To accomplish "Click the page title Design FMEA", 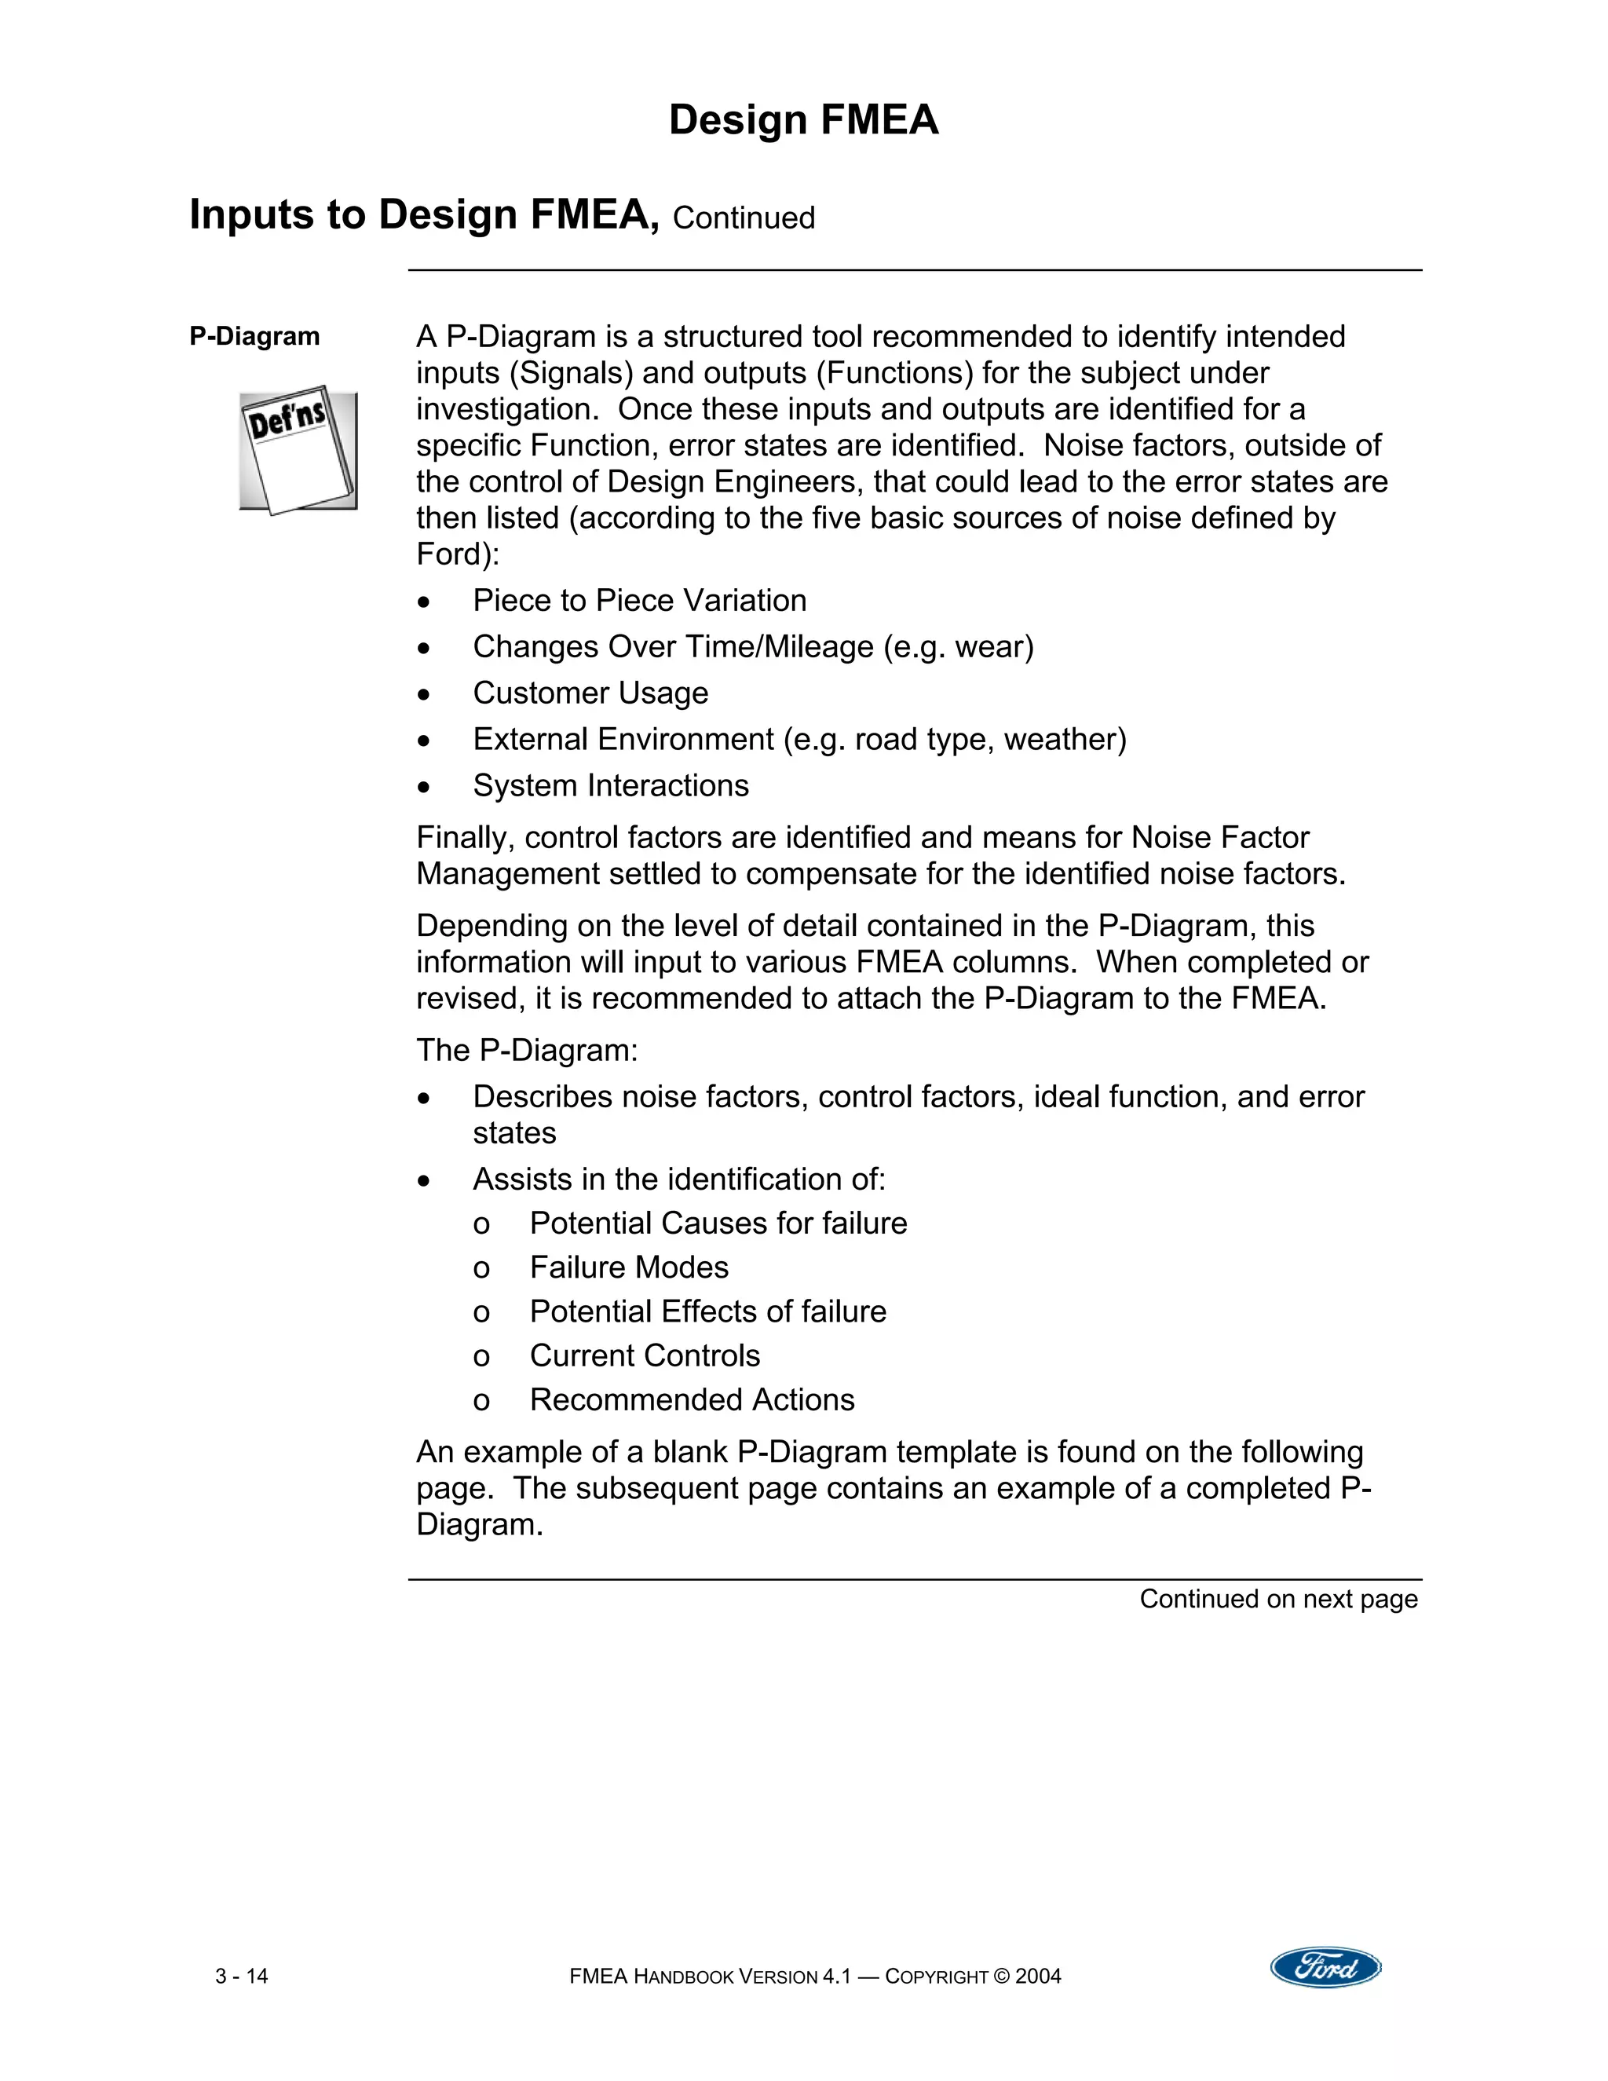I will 803,120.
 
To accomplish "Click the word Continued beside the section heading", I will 743,218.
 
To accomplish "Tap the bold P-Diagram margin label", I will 254,336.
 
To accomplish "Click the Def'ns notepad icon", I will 298,450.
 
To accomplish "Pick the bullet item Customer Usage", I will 590,693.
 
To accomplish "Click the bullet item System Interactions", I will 611,786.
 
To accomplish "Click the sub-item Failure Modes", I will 629,1268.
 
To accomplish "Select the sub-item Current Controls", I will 645,1356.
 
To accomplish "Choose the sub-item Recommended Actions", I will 692,1399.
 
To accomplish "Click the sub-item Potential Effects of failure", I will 707,1312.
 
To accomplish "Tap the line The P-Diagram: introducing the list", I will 527,1051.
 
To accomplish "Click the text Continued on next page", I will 1278,1599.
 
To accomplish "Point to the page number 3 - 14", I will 242,1977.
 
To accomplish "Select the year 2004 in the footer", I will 1037,1977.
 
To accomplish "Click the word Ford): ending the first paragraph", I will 457,554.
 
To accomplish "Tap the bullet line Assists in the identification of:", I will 678,1179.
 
